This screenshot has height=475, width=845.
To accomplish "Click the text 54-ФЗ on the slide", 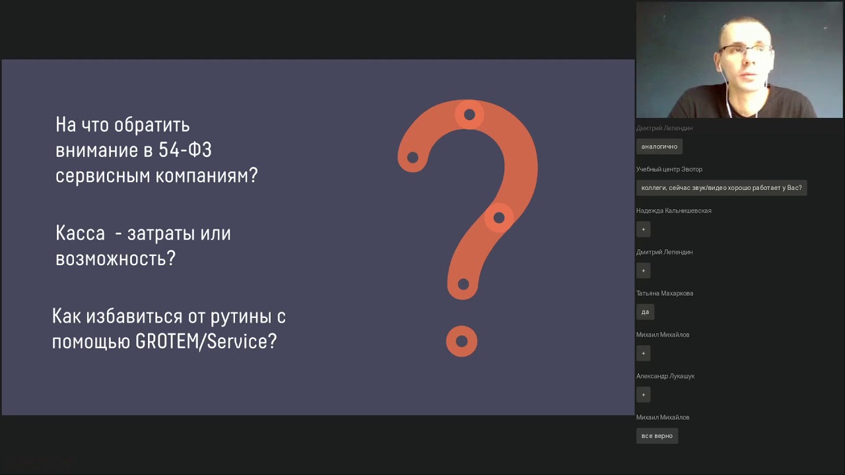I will point(185,150).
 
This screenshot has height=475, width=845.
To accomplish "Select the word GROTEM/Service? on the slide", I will point(206,342).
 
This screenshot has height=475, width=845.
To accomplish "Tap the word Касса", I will point(80,234).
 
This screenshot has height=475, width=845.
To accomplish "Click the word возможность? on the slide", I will point(116,258).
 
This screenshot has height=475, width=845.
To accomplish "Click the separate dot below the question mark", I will point(461,341).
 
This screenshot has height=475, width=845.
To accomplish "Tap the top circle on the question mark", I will point(469,115).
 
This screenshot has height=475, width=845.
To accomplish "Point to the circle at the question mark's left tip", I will point(413,157).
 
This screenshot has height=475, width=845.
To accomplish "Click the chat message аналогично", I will point(659,146).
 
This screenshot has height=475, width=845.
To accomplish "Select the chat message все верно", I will point(657,436).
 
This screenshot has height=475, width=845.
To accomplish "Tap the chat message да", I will point(645,312).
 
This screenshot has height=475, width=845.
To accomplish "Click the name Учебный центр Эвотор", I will point(669,170).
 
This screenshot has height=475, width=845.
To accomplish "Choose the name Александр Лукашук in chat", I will point(665,376).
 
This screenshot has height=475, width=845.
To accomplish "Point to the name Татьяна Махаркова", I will point(664,294).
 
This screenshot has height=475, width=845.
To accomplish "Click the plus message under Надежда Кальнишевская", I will point(644,230).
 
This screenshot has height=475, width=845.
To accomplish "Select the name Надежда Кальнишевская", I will point(673,211).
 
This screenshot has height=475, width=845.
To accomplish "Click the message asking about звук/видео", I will point(721,188).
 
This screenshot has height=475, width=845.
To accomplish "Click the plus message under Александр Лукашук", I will point(644,395).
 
